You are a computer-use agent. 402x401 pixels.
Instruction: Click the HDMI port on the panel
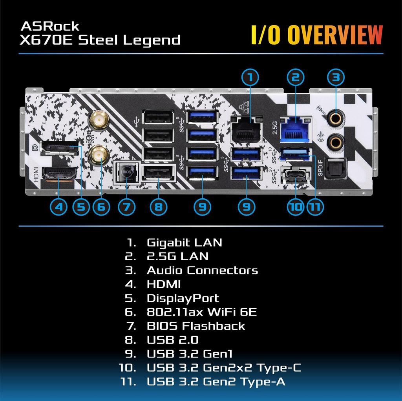59,174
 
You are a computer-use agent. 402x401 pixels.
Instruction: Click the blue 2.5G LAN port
294,128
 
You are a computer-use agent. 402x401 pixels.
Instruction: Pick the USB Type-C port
295,174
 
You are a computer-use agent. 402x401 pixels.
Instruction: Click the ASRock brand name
49,26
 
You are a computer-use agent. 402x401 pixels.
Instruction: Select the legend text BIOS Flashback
196,326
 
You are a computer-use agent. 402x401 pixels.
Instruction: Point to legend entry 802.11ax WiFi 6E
202,312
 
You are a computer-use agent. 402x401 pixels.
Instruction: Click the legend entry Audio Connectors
202,270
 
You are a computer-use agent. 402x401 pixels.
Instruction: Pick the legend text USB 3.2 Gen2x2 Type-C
224,368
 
